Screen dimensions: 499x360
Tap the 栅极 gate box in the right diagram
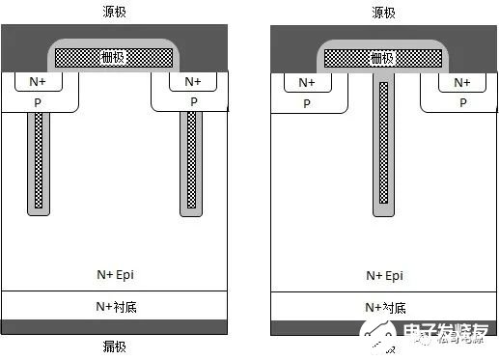(x=384, y=58)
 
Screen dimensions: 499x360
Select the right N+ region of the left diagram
(x=193, y=81)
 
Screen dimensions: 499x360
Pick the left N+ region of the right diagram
(x=307, y=83)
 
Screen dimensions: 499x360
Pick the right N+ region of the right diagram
(x=461, y=83)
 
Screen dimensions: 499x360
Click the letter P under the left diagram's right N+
(x=193, y=101)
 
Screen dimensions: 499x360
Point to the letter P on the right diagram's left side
(x=307, y=102)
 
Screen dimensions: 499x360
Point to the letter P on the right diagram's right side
(x=461, y=102)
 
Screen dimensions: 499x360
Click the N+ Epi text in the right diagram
(x=385, y=275)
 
